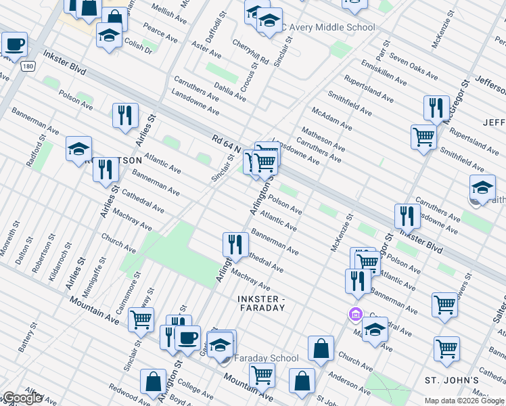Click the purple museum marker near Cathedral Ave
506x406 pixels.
[x=354, y=314]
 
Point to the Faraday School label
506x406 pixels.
[x=266, y=358]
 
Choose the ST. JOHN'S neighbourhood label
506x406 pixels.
[x=452, y=380]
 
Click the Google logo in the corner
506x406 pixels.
[x=22, y=399]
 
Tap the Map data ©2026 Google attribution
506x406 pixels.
[x=464, y=401]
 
